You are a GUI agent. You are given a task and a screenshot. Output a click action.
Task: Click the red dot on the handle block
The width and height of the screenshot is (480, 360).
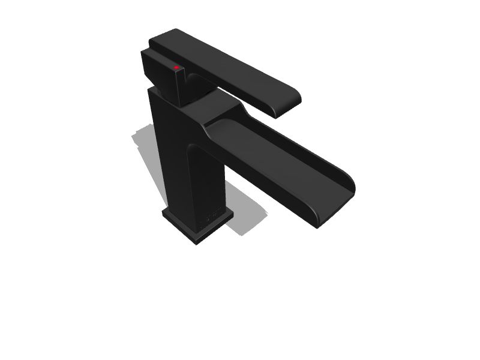coord(176,68)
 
